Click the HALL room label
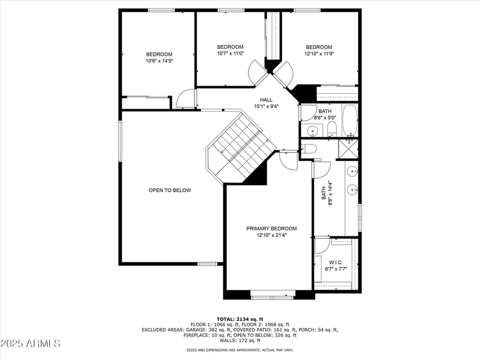coord(266,100)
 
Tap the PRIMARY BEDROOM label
coord(271,229)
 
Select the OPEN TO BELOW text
coord(170,190)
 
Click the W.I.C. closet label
coord(335,262)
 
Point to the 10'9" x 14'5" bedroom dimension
coord(159,61)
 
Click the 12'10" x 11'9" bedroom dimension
coord(319,54)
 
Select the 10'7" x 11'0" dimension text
coord(230,53)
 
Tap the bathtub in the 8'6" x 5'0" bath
coord(349,121)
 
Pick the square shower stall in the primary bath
coord(348,148)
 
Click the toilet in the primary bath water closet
coord(308,149)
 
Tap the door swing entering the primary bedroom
coord(288,160)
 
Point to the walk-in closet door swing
coord(322,245)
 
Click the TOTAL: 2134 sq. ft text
coord(240,319)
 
